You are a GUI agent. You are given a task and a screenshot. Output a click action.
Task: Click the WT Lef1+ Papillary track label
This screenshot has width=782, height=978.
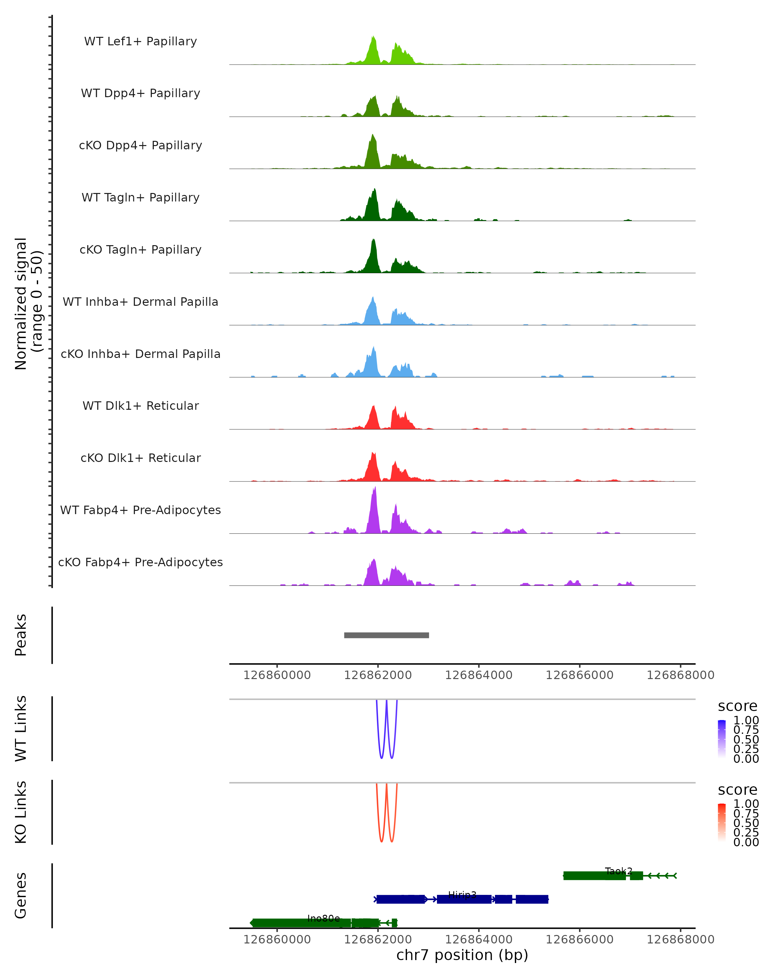pyautogui.click(x=140, y=42)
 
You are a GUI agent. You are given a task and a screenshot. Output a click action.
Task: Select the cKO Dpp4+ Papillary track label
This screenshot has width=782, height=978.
pyautogui.click(x=140, y=146)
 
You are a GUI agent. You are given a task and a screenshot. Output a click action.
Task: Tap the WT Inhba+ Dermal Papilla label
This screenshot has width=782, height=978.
pyautogui.click(x=140, y=302)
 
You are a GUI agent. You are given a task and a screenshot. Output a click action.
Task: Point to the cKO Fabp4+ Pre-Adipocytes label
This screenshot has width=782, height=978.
pyautogui.click(x=140, y=562)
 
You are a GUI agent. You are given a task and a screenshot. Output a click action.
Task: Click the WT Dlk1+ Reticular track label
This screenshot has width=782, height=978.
pyautogui.click(x=140, y=406)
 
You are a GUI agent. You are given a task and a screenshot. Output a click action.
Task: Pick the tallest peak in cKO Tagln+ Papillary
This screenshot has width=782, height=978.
pyautogui.click(x=373, y=240)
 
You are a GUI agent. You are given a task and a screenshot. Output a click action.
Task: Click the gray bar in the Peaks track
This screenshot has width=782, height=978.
pyautogui.click(x=386, y=635)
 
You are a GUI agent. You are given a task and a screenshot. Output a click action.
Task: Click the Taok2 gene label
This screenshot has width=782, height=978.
pyautogui.click(x=618, y=871)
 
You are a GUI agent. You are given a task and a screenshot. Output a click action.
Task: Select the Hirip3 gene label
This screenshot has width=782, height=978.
pyautogui.click(x=462, y=895)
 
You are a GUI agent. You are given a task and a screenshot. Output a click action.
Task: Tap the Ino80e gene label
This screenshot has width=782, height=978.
pyautogui.click(x=323, y=919)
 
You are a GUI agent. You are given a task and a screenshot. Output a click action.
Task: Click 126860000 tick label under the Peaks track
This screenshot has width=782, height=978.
pyautogui.click(x=277, y=675)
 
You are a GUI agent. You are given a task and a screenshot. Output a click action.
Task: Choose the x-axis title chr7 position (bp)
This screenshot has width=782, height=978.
pyautogui.click(x=462, y=955)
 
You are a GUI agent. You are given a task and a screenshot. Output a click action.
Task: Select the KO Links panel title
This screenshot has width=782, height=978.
pyautogui.click(x=21, y=812)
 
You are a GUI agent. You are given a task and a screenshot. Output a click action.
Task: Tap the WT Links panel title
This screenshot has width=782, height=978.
pyautogui.click(x=21, y=729)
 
